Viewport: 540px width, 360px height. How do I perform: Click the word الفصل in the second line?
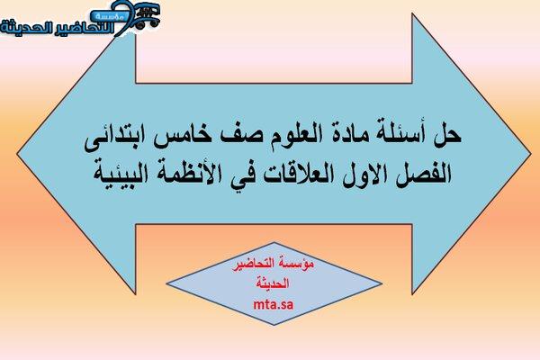[424, 174]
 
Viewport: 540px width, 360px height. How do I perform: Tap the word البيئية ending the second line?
[119, 174]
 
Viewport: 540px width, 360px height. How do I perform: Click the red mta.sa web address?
[274, 304]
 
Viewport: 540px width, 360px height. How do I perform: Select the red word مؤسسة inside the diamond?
[296, 264]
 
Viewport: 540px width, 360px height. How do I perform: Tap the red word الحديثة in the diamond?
[273, 283]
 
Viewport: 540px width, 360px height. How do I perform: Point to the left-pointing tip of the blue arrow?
[17, 154]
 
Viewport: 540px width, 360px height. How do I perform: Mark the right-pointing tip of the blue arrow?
[531, 154]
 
